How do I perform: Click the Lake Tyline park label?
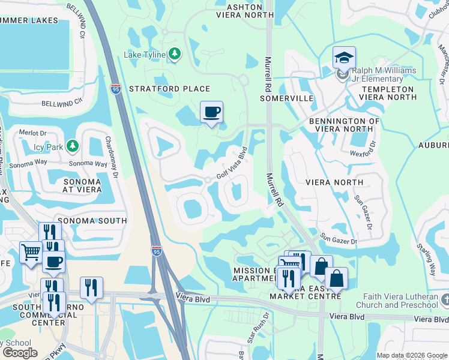145,55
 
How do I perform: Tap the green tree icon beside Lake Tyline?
174,55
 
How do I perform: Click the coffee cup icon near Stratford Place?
211,112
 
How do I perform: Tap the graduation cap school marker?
344,58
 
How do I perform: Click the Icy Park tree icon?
72,145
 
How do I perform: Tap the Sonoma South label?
92,221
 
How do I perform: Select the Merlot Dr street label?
32,133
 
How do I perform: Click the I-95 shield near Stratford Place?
116,89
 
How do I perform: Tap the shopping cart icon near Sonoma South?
30,251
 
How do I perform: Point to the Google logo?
20,353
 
